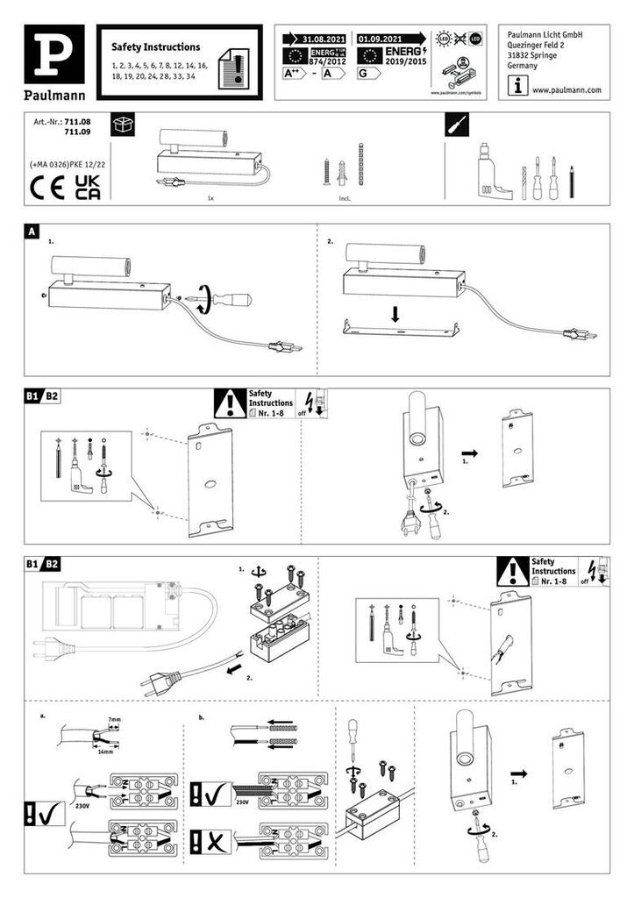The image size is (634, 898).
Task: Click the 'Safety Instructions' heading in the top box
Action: coord(156,46)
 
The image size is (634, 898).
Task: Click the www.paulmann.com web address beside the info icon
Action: coord(566,89)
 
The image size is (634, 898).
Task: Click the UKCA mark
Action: coord(88,187)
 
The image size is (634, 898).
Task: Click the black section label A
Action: coord(32,232)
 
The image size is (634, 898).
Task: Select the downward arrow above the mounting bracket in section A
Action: coord(395,314)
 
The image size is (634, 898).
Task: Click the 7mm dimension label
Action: coord(114,718)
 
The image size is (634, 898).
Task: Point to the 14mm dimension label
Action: coord(106,752)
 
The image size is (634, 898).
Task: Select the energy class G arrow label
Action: coord(367,75)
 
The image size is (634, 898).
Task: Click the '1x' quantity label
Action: coord(210,200)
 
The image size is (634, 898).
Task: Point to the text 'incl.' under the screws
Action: coord(344,199)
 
